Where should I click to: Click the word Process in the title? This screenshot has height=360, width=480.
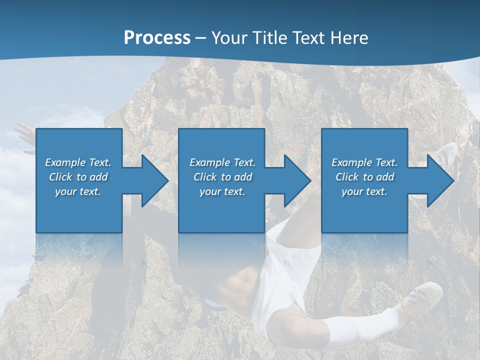(157, 38)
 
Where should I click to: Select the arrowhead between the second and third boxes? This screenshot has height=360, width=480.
(296, 180)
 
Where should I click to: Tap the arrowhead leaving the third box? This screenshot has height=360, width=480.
(439, 180)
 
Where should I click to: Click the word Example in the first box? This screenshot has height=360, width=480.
(65, 162)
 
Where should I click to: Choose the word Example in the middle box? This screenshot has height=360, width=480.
(209, 162)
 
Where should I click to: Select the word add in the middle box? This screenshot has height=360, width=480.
(243, 177)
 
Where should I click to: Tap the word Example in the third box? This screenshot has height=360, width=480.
(351, 162)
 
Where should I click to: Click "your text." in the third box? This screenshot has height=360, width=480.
(364, 191)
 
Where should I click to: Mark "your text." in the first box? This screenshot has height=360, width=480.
(78, 191)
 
